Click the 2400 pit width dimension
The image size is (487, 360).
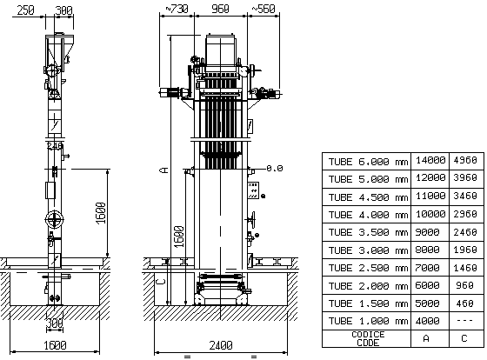coord(221,345)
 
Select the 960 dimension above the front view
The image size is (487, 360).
coord(220,9)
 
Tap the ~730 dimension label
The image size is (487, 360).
coord(177,9)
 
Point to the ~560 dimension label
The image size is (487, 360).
coord(264,9)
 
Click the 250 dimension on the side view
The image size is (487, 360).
coord(25,10)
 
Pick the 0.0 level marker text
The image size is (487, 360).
coord(275,169)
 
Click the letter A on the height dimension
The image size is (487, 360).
coord(164,170)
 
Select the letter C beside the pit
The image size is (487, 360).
coord(160,282)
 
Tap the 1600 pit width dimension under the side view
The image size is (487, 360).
coord(55,345)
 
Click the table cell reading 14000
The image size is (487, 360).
coord(430,160)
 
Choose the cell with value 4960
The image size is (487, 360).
coord(465,160)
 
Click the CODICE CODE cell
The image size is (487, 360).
coord(368,338)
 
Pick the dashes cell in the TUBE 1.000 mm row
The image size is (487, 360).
coord(465,321)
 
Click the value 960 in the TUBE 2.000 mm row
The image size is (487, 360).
coord(465,285)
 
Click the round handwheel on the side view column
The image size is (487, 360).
coord(54,220)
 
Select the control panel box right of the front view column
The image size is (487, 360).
coord(253,190)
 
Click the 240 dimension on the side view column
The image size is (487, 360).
coord(55,146)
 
